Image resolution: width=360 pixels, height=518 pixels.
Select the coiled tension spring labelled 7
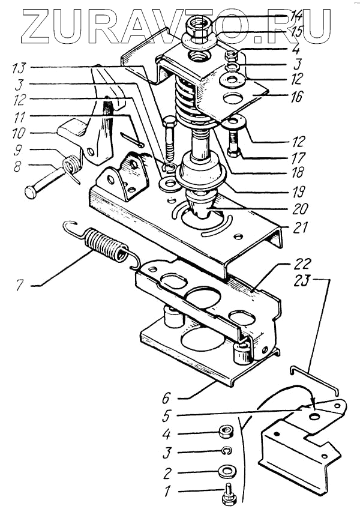click(x=103, y=244)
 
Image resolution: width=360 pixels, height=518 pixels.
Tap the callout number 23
click(x=302, y=280)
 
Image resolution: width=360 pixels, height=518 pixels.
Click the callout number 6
click(x=166, y=399)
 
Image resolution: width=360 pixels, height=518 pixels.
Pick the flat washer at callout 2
click(x=226, y=470)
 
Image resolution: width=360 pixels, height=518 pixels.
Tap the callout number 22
click(x=302, y=264)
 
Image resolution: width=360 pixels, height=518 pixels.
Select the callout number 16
click(x=296, y=97)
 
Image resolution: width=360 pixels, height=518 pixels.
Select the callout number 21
click(x=299, y=227)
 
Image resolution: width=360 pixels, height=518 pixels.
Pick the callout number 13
click(x=19, y=68)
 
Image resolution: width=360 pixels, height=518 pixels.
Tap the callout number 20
click(x=300, y=208)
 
